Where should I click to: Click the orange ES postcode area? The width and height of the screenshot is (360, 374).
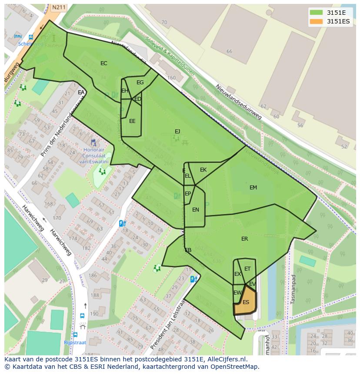pos(246,303)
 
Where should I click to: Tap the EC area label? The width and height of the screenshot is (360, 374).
pos(103,63)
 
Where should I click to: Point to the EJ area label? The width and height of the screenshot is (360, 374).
pos(177,132)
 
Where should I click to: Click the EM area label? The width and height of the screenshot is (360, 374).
pos(253,188)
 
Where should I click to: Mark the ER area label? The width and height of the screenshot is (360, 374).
pos(244,239)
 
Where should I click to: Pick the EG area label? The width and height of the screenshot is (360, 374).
pos(140,83)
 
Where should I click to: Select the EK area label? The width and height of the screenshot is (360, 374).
pos(203,170)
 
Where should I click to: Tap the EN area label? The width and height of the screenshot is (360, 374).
pos(196,210)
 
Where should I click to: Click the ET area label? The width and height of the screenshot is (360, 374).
pos(247,269)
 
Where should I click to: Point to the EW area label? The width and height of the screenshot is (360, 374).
pos(237,293)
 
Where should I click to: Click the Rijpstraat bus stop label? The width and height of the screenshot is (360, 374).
pos(75,342)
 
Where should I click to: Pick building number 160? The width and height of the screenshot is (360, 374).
pos(171,78)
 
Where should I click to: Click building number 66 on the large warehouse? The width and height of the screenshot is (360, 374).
pos(229,51)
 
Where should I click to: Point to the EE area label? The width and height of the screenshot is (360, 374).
pos(132,121)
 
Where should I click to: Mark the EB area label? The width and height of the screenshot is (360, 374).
pos(188,250)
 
